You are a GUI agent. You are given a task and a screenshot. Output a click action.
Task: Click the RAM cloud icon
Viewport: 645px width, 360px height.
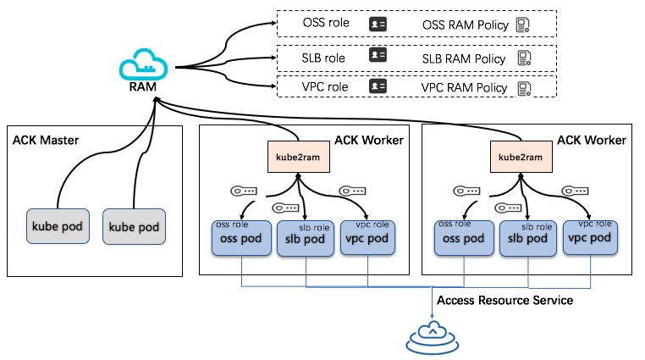click(x=144, y=65)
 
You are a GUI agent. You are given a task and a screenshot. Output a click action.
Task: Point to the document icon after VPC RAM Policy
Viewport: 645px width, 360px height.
click(x=525, y=87)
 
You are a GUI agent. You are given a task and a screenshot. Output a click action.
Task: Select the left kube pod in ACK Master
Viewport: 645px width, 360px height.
click(x=56, y=227)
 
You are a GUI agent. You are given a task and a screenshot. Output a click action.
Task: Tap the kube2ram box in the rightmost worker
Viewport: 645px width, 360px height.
click(x=517, y=157)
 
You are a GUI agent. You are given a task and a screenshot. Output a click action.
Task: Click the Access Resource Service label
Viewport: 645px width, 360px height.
click(x=504, y=301)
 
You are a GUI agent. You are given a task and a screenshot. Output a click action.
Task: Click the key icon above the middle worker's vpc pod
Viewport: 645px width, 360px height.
click(x=352, y=191)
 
